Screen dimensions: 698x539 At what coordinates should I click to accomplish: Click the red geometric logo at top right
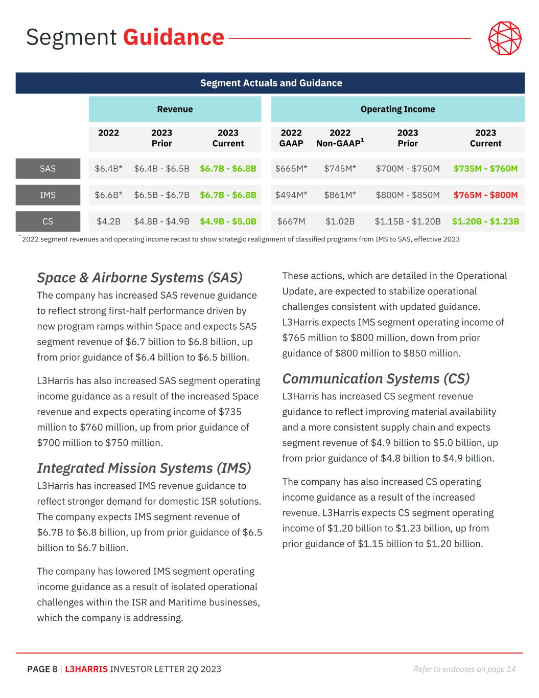pos(505,38)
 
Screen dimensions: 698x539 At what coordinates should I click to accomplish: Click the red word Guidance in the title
pos(174,37)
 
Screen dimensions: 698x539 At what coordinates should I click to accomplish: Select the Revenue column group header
pos(175,109)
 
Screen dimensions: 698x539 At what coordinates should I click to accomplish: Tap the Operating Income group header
pos(397,109)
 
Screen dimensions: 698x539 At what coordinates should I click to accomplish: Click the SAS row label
pos(48,169)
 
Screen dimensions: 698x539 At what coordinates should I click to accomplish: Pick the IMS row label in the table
pos(48,195)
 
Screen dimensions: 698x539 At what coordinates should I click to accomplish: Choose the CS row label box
pos(48,221)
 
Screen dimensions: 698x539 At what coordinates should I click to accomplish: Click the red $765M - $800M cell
pos(485,195)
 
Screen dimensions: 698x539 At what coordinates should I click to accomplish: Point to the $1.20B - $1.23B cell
pos(485,221)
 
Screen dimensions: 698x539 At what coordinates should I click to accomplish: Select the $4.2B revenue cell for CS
pos(108,221)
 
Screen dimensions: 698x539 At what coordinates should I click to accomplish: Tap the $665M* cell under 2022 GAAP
pos(291,169)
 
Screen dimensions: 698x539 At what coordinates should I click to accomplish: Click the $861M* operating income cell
pos(340,195)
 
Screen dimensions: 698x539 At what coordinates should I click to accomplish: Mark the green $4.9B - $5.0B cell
pos(228,221)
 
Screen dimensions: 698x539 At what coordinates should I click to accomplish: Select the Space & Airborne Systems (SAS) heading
pos(139,278)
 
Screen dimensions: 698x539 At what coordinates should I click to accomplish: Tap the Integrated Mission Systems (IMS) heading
pos(144,468)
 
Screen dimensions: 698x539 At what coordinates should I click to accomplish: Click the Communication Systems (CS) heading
pos(376,379)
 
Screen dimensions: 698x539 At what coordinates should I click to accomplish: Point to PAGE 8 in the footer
pos(42,669)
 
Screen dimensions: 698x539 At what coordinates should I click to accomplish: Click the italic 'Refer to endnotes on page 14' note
pos(464,669)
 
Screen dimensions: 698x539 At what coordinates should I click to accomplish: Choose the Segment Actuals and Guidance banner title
pos(271,83)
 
